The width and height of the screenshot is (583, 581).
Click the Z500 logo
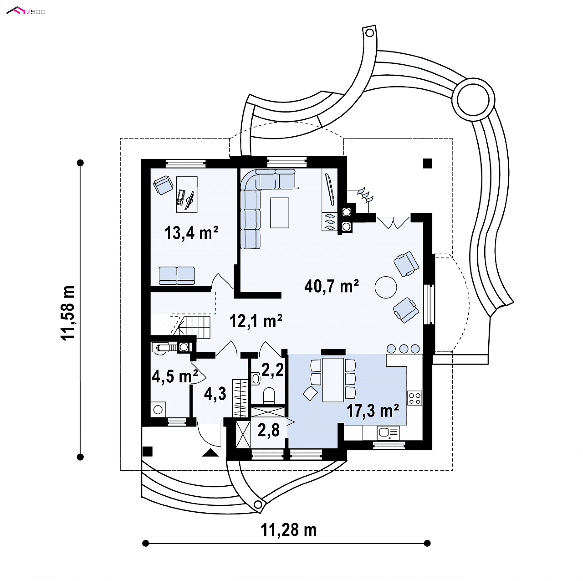point(26,11)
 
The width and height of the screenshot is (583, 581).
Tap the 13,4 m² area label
point(191,233)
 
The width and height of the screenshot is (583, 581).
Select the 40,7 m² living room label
point(332,286)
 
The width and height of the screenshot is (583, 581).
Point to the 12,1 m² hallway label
point(256,321)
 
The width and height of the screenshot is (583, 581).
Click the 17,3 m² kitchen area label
point(373,411)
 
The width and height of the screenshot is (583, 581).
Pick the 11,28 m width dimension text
point(289,530)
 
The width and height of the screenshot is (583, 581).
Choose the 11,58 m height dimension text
point(67,313)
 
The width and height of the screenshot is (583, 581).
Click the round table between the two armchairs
point(386,287)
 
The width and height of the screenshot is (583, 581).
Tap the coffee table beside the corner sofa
point(280,213)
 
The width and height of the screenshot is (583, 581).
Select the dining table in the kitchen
point(333,380)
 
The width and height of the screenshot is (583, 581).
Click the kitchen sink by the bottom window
point(388,432)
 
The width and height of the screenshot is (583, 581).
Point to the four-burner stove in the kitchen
point(414,398)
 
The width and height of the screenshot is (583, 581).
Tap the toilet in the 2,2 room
point(269,395)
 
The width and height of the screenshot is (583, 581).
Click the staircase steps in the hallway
point(194,327)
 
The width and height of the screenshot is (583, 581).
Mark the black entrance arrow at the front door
point(210,453)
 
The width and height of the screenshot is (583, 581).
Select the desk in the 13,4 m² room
point(187,195)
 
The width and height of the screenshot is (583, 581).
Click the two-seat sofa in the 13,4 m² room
point(177,275)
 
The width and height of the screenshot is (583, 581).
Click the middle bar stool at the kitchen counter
point(404,349)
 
